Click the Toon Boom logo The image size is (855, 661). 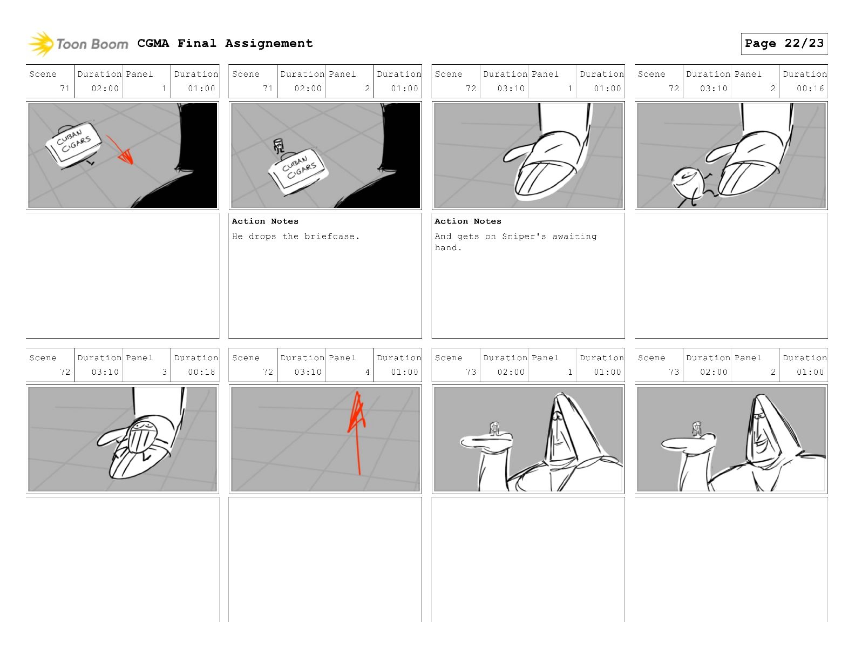click(78, 44)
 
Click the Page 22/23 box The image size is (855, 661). click(784, 44)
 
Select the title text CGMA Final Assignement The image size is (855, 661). click(225, 43)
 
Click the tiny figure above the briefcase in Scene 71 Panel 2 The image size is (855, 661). click(279, 146)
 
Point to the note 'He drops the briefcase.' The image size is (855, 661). click(295, 236)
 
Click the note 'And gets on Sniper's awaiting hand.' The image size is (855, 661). click(515, 242)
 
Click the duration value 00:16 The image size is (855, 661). click(810, 89)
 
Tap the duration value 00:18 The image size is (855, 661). click(201, 372)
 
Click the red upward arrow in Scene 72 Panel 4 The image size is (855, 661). click(357, 433)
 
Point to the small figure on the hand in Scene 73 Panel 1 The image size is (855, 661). click(495, 429)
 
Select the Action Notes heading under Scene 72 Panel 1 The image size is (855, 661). click(468, 221)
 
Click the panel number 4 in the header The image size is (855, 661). click(368, 372)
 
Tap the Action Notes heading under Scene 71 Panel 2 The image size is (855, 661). click(265, 221)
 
